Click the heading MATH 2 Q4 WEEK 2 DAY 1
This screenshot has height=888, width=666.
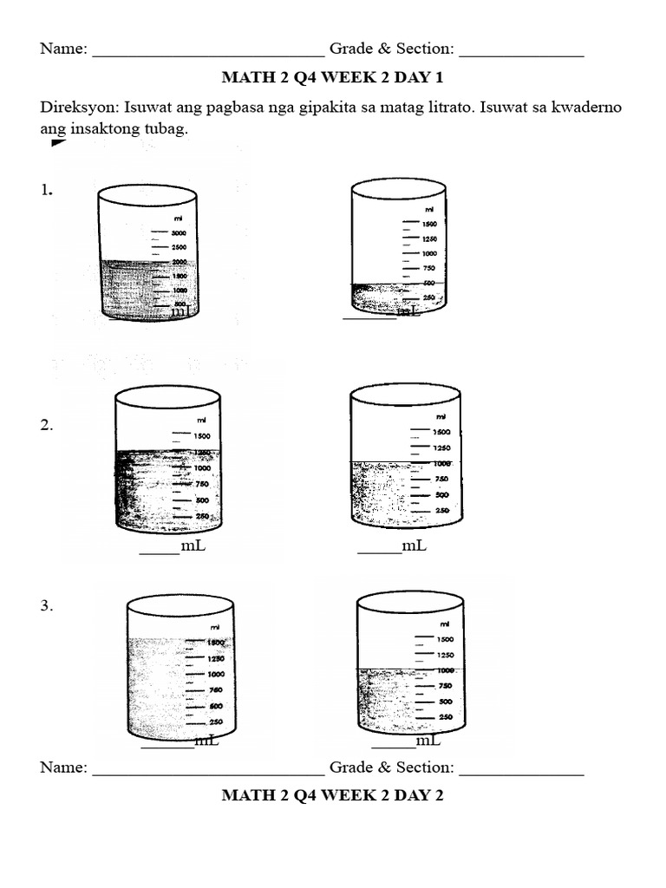pyautogui.click(x=332, y=78)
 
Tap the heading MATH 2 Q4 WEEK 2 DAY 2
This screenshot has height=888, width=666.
pyautogui.click(x=332, y=795)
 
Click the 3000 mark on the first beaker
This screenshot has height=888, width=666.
pyautogui.click(x=180, y=233)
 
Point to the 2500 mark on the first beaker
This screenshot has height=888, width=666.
pyautogui.click(x=180, y=247)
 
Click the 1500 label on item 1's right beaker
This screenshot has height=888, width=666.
pyautogui.click(x=428, y=224)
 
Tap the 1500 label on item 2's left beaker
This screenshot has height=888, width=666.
pyautogui.click(x=201, y=436)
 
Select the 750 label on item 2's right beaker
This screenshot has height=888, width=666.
pyautogui.click(x=441, y=479)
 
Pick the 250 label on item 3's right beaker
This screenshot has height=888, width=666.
pyautogui.click(x=446, y=717)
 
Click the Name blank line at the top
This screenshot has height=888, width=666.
pyautogui.click(x=208, y=55)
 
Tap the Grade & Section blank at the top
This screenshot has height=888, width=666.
pyautogui.click(x=521, y=55)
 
